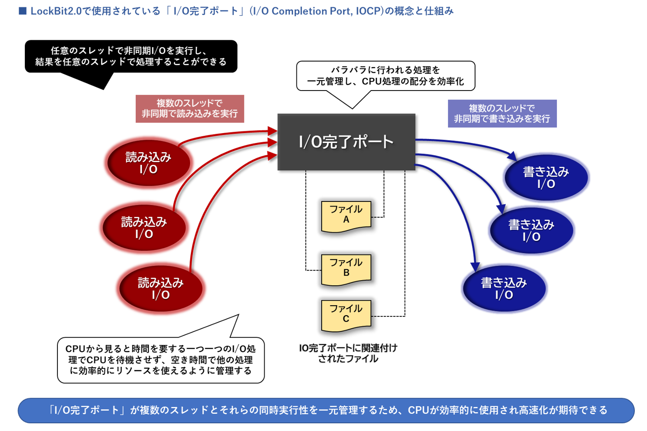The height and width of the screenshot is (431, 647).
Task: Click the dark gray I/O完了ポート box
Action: coord(346,142)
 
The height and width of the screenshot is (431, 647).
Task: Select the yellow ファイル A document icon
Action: coord(346,215)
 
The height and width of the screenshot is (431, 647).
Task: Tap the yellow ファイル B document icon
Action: coord(346,269)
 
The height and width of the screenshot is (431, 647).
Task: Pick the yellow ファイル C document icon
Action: coord(346,315)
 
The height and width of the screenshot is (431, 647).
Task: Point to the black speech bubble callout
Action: coord(131,57)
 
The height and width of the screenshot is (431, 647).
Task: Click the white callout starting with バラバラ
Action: coord(385,76)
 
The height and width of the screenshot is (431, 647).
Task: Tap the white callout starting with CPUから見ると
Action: coord(161,360)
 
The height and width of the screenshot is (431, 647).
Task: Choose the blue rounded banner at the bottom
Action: coord(326,410)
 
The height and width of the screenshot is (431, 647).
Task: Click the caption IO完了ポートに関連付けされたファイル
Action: coord(348,353)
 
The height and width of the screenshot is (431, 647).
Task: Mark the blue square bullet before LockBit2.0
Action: coord(23,11)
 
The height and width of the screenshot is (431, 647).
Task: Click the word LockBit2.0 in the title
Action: coord(56,11)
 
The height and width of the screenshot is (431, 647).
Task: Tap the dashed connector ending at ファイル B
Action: coord(306,226)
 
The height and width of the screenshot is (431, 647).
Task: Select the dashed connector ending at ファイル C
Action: coord(404,249)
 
